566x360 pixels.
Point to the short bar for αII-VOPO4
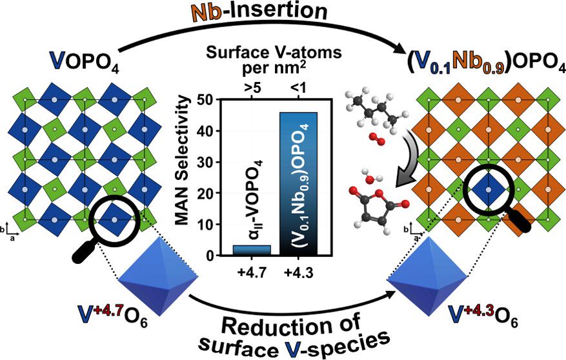pos(251,250)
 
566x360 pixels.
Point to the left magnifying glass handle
pos(85,251)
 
